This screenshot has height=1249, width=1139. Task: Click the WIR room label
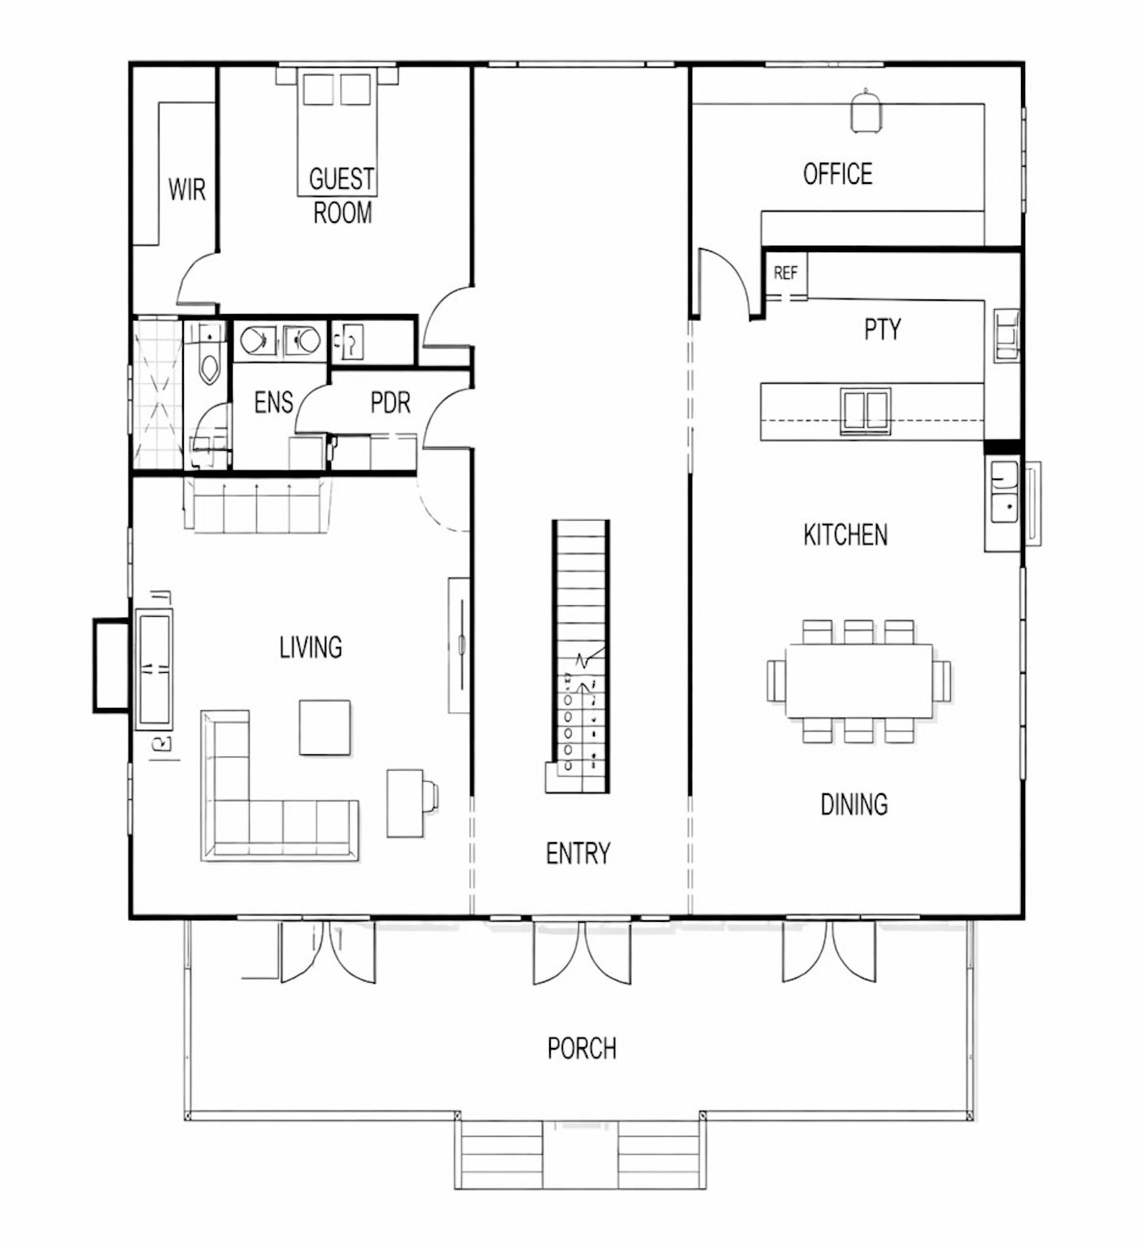tap(186, 190)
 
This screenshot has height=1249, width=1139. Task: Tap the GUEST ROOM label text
tap(342, 195)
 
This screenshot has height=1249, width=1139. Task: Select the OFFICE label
tap(837, 174)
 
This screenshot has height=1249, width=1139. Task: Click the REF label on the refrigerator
tap(785, 273)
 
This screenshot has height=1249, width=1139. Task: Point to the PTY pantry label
tap(882, 330)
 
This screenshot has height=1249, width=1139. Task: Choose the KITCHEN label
tap(845, 535)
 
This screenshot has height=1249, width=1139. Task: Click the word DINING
tap(853, 804)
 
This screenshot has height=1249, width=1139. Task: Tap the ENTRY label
tap(578, 853)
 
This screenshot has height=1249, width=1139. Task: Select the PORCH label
tap(582, 1048)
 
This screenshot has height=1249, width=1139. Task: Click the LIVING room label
tap(311, 648)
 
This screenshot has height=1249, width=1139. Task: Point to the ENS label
tap(273, 402)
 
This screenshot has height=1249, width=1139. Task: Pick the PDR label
tap(391, 402)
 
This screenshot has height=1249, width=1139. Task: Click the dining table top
tap(858, 681)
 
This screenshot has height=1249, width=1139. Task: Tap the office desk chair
tap(866, 111)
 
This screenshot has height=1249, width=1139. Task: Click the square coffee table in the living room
tap(325, 727)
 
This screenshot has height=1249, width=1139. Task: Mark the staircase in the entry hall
tap(578, 657)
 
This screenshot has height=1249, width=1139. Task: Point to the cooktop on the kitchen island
tap(865, 409)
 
